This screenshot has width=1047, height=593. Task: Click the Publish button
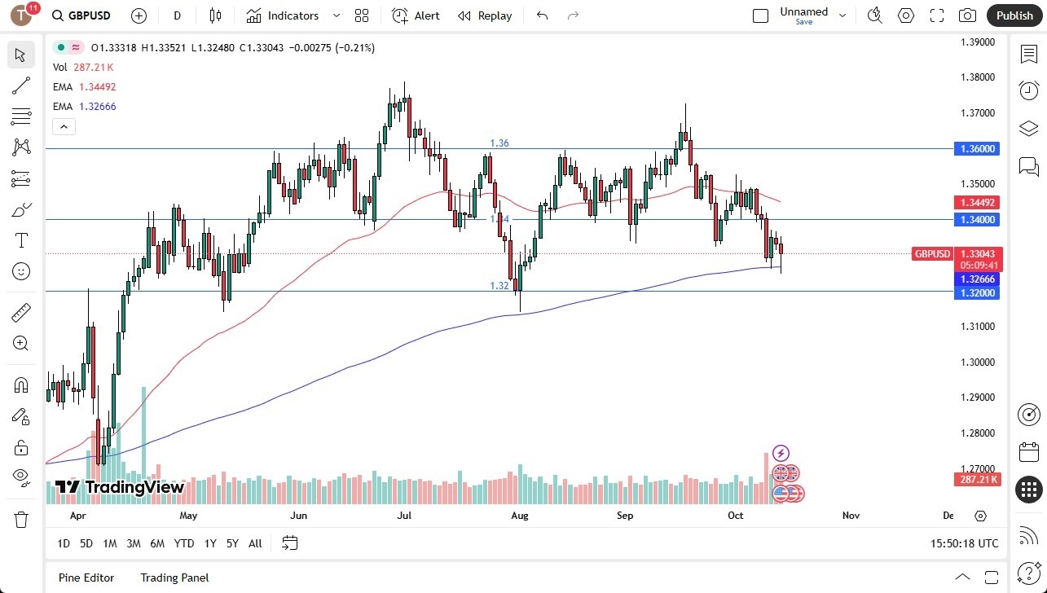tap(1014, 15)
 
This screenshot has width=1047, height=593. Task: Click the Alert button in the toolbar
tap(416, 15)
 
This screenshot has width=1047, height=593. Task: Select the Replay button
tap(485, 15)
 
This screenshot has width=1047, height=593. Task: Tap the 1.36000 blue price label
tap(978, 149)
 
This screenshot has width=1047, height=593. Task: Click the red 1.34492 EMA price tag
tap(978, 202)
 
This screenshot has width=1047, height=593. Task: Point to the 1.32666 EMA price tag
tap(978, 279)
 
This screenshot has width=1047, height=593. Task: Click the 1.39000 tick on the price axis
tap(978, 42)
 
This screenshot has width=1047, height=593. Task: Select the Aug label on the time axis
tap(520, 516)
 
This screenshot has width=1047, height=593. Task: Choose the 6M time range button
tap(157, 543)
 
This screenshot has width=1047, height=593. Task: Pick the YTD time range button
tap(184, 543)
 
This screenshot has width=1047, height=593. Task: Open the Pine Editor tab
tap(86, 578)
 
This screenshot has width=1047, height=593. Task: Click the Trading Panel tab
tap(174, 578)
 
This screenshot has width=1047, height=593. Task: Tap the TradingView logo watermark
tap(119, 487)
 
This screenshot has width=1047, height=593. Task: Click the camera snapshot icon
tap(967, 15)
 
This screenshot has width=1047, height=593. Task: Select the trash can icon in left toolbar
tap(21, 519)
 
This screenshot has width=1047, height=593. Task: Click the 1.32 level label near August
tap(499, 286)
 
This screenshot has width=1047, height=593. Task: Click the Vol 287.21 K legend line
tap(83, 68)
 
